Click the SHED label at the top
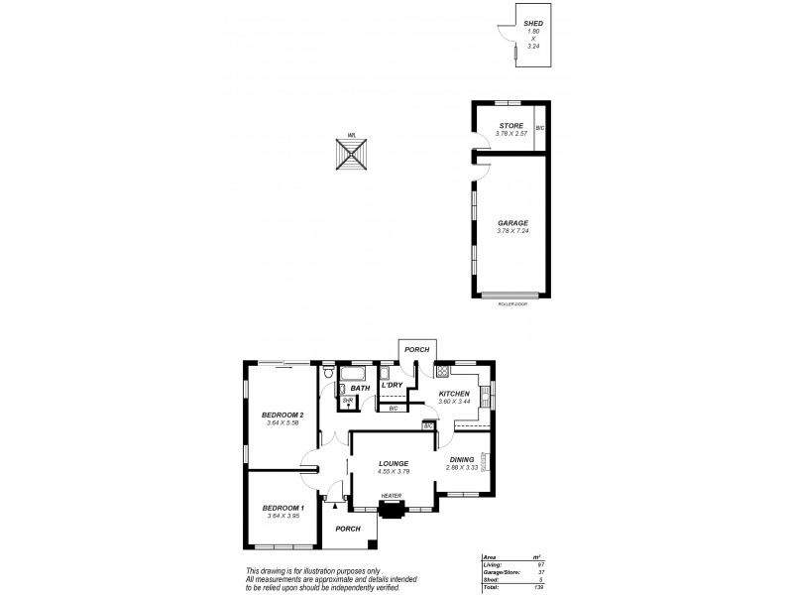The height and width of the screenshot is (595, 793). pyautogui.click(x=533, y=23)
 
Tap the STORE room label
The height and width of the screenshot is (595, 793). pyautogui.click(x=510, y=125)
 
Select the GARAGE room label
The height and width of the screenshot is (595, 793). pyautogui.click(x=512, y=223)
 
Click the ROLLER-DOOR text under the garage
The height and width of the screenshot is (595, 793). pyautogui.click(x=512, y=303)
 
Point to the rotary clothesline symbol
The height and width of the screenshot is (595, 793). pyautogui.click(x=351, y=156)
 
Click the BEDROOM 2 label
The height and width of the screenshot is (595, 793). pyautogui.click(x=282, y=415)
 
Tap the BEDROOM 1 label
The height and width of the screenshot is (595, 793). pyautogui.click(x=282, y=508)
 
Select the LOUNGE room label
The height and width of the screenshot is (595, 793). pyautogui.click(x=394, y=463)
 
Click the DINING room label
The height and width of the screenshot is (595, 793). pyautogui.click(x=462, y=459)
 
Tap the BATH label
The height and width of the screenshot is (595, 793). pyautogui.click(x=361, y=388)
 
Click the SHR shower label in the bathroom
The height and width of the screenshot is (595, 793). pyautogui.click(x=348, y=401)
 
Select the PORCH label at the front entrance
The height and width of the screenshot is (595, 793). pyautogui.click(x=347, y=529)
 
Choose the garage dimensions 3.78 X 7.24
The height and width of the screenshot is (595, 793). pyautogui.click(x=512, y=231)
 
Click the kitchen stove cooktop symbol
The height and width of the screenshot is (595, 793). pyautogui.click(x=441, y=373)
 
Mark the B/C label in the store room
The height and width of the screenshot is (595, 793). pyautogui.click(x=540, y=129)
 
